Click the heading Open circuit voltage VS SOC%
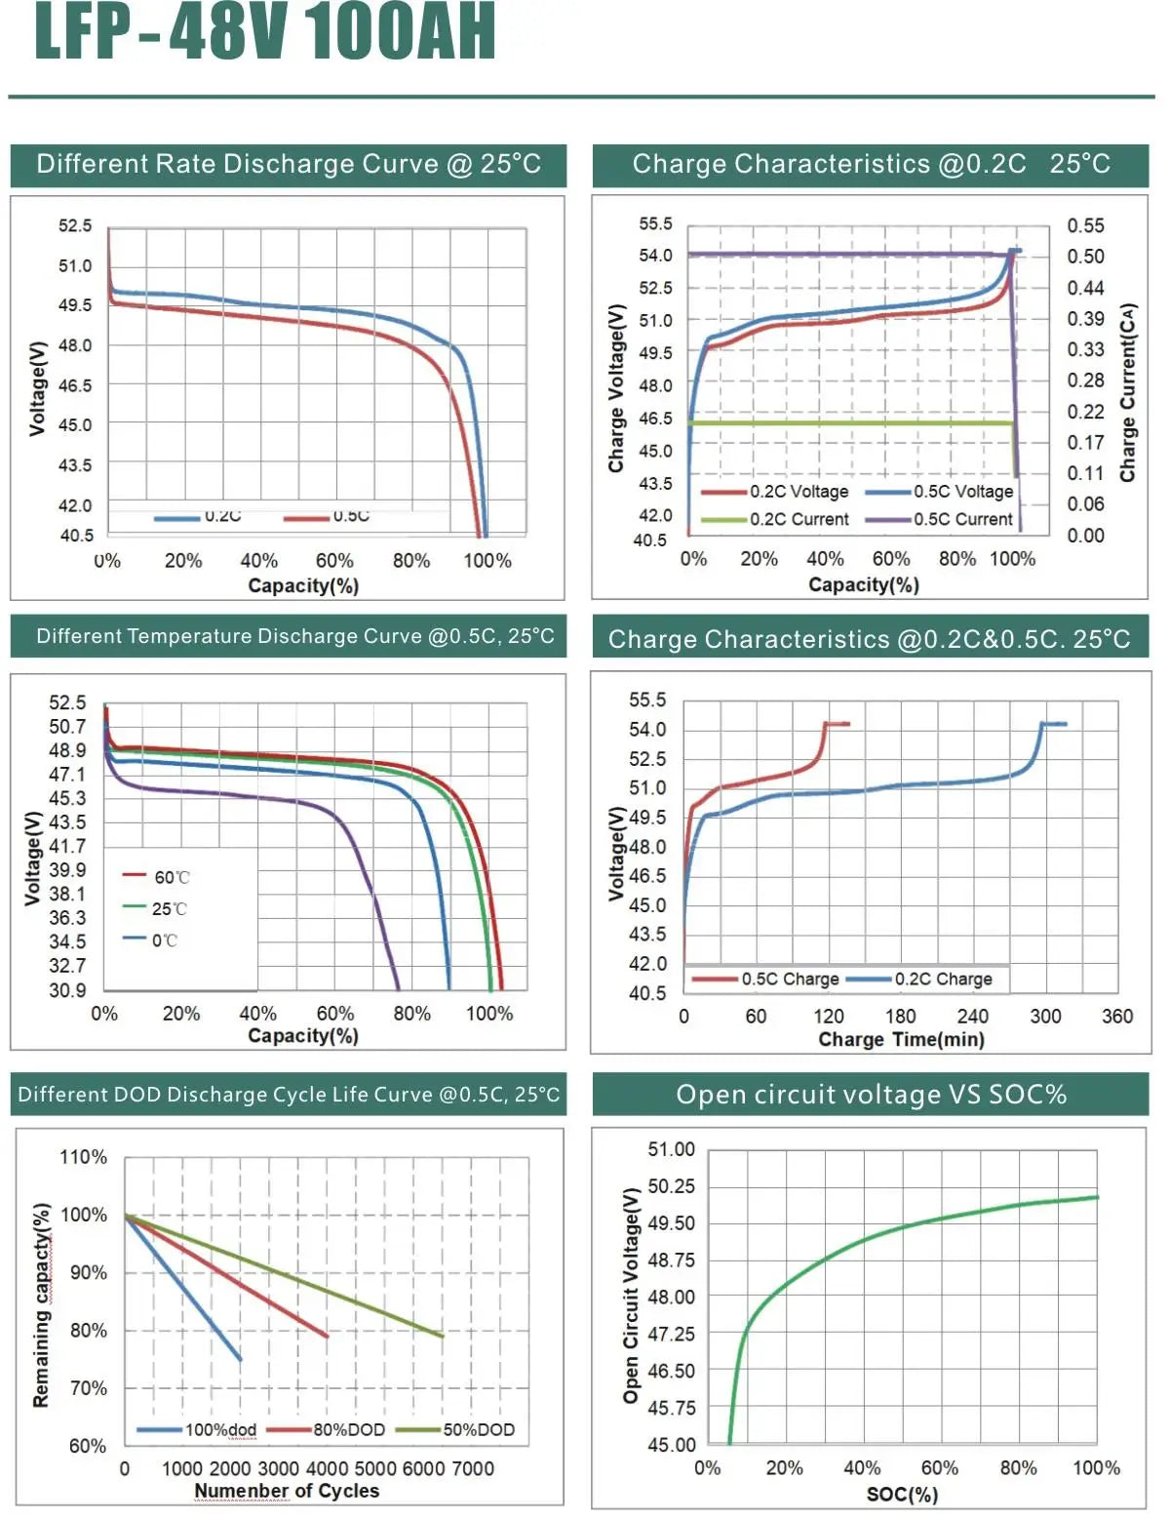click(871, 1095)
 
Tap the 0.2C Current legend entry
click(776, 520)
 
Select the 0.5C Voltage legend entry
click(941, 492)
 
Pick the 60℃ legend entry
click(157, 877)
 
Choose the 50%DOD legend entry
click(457, 1430)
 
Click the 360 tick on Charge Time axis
click(1116, 1017)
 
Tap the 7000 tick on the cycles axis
click(473, 1468)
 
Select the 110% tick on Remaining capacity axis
click(84, 1157)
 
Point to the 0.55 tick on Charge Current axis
click(1085, 225)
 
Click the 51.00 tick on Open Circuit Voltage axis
click(672, 1149)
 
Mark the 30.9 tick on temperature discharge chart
click(67, 990)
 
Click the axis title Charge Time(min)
click(901, 1040)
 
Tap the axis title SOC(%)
click(902, 1495)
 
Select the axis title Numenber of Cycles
click(287, 1491)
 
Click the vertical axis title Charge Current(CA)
click(1128, 392)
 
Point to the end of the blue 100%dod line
click(240, 1359)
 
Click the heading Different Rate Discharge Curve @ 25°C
click(289, 164)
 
